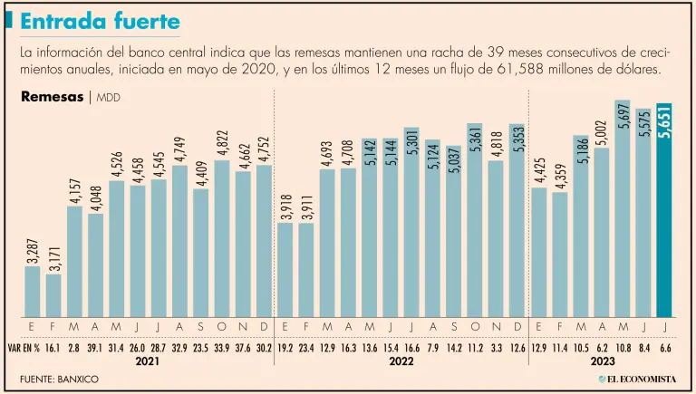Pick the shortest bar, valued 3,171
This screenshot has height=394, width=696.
pos(53,295)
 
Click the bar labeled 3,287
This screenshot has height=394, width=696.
pos(33,291)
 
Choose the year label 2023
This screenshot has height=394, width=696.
pos(602,360)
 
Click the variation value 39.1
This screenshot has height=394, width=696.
pos(95,346)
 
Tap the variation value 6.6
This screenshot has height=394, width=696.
pos(665,346)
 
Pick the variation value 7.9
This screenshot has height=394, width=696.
pos(432,346)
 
